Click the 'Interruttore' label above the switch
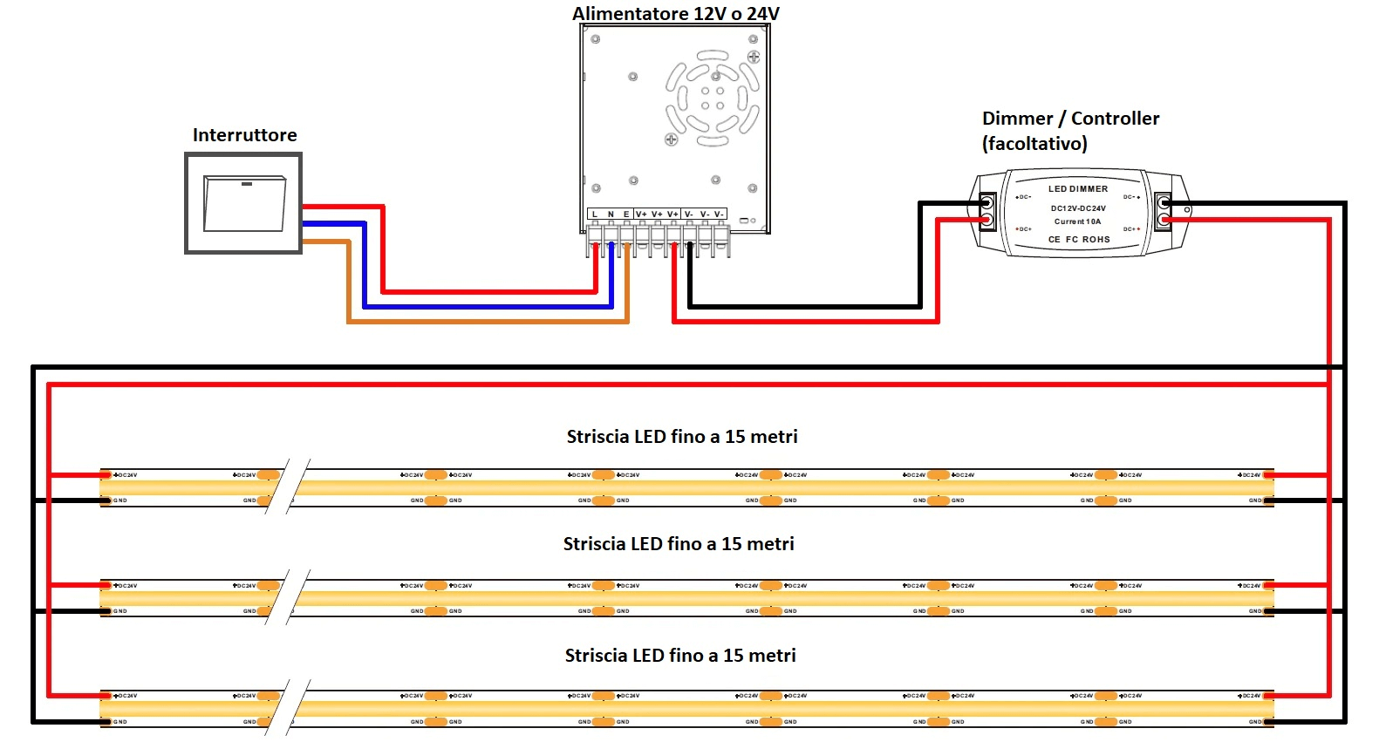click(244, 135)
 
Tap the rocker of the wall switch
click(244, 204)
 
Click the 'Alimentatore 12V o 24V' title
click(675, 14)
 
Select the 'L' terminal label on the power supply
click(595, 214)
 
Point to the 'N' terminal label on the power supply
click(611, 214)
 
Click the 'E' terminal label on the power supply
click(625, 214)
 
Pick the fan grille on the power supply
click(712, 97)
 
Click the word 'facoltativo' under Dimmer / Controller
click(1034, 144)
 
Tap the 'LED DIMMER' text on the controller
click(1078, 188)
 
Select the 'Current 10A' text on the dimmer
click(1077, 221)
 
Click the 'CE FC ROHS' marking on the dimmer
click(1079, 239)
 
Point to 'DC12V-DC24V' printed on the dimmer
click(1078, 208)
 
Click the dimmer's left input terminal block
click(987, 212)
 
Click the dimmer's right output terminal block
click(1164, 212)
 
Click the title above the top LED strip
click(682, 437)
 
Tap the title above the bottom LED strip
click(680, 656)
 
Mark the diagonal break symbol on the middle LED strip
click(289, 598)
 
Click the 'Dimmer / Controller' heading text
click(1070, 119)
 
